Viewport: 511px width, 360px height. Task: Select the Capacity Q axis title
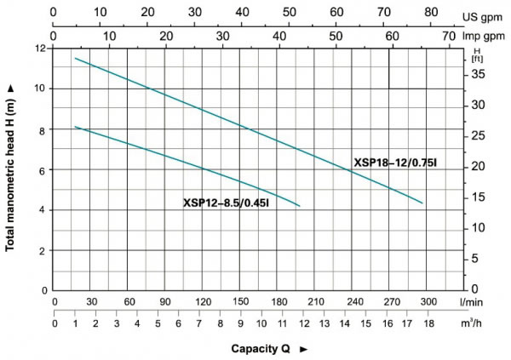[263, 349]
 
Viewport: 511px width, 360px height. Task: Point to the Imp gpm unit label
[485, 37]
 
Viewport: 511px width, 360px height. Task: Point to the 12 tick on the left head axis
[40, 49]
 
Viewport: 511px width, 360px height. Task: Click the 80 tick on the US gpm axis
[430, 14]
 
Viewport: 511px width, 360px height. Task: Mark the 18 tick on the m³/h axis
[428, 323]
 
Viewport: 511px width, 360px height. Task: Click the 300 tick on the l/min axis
[428, 302]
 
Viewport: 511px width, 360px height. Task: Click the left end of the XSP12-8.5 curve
[76, 127]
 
